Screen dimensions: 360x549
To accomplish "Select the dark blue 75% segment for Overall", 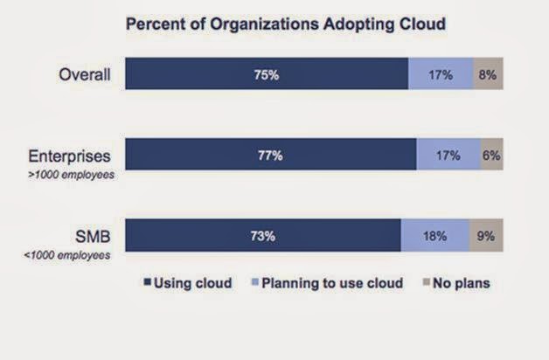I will [267, 74].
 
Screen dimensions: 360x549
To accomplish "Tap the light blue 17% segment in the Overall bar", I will [441, 74].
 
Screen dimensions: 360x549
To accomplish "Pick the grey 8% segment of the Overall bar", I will [488, 74].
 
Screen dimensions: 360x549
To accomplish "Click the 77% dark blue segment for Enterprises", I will [271, 155].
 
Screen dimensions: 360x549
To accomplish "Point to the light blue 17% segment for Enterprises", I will [448, 155].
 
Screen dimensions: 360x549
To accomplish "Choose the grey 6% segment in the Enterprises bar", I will [491, 155].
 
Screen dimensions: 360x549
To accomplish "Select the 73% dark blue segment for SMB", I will [263, 235].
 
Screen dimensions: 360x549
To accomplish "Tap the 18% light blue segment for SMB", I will [435, 235].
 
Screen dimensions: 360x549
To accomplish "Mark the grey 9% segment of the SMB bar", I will [486, 235].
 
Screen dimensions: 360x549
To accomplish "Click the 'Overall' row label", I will [85, 74].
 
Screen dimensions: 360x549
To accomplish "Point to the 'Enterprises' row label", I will [70, 156].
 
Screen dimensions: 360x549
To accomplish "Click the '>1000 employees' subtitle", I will [73, 175].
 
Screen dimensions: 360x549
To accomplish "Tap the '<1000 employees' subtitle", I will [73, 254].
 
